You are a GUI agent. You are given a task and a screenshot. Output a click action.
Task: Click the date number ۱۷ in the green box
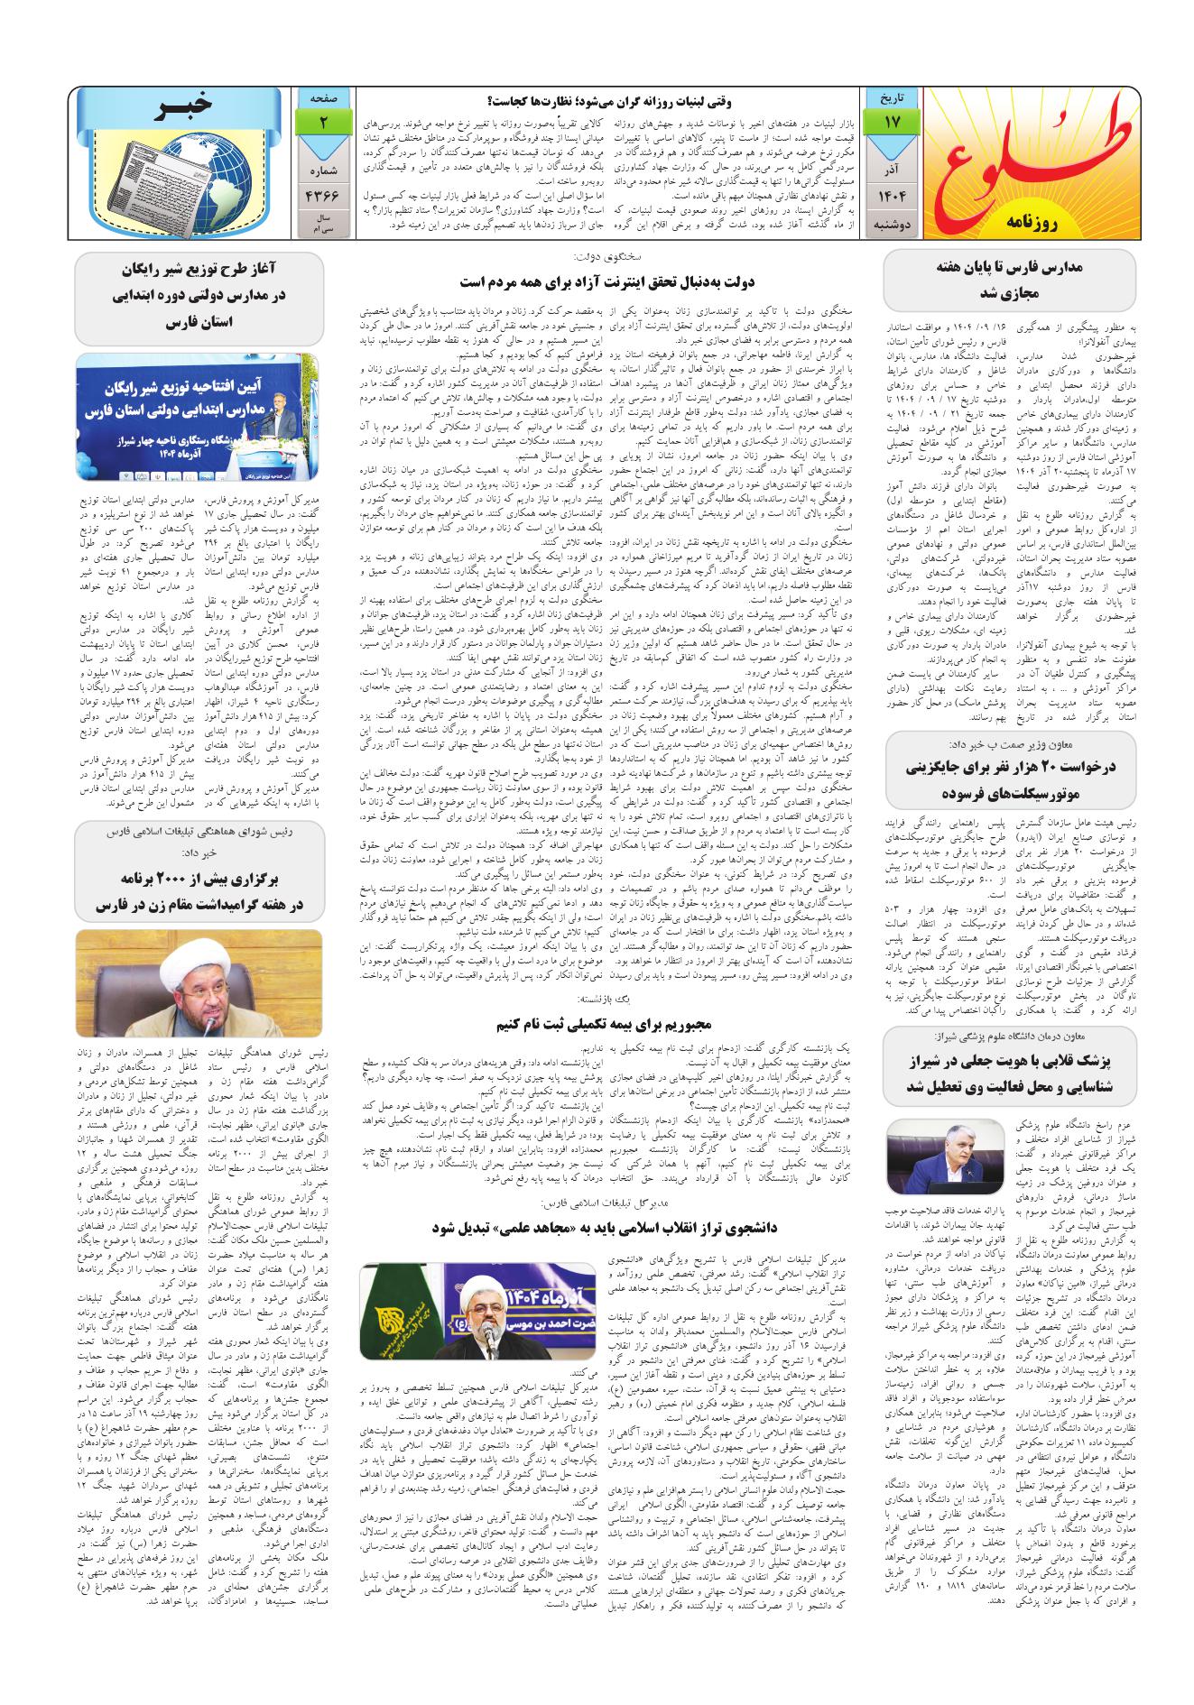tap(889, 121)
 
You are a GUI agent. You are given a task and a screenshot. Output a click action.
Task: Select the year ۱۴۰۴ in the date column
tap(889, 196)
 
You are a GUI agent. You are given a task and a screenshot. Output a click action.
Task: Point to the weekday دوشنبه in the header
tap(889, 223)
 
